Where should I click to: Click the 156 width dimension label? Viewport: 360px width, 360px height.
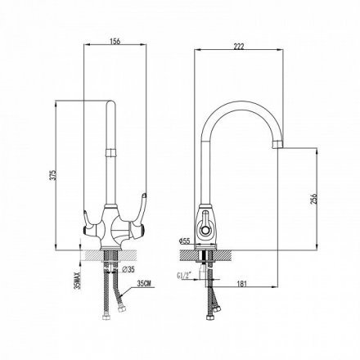[x=115, y=41]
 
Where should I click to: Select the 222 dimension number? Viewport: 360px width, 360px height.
[x=239, y=47]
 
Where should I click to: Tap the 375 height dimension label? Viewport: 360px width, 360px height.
[x=53, y=175]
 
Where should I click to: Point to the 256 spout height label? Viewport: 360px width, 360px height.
[x=314, y=200]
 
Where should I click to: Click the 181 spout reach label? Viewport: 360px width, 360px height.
[x=241, y=284]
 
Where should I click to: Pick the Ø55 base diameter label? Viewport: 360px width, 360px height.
[x=184, y=241]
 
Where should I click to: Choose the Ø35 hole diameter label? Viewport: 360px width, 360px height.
[x=128, y=269]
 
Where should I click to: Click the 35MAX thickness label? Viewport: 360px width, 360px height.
[x=79, y=280]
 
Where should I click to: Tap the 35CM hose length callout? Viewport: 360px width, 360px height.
[x=144, y=284]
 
